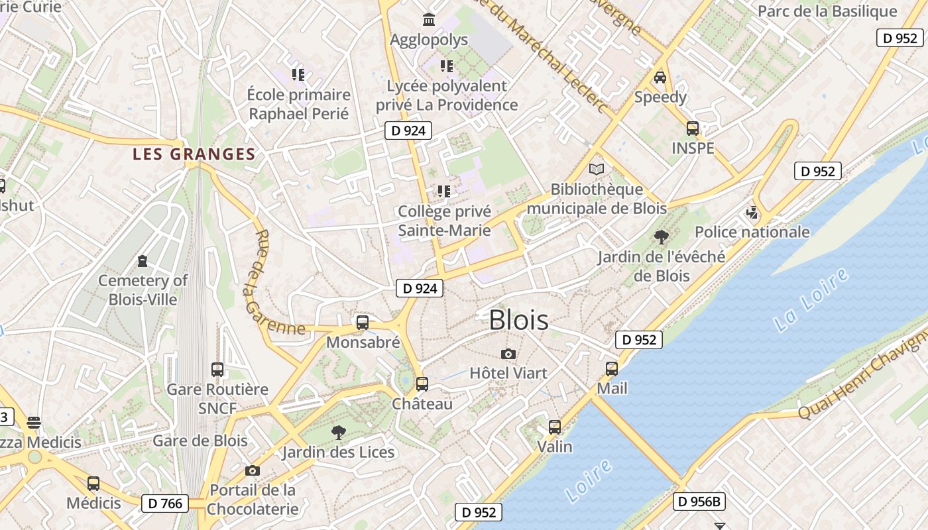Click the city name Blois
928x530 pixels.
pyautogui.click(x=518, y=321)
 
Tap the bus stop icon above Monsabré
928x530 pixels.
pyautogui.click(x=362, y=323)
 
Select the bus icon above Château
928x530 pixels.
pyautogui.click(x=422, y=384)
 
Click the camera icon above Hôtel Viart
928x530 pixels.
pyautogui.click(x=508, y=354)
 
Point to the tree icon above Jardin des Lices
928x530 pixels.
pyautogui.click(x=338, y=433)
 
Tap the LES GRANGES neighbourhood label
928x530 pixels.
pyautogui.click(x=194, y=154)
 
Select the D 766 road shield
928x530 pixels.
pyautogui.click(x=165, y=503)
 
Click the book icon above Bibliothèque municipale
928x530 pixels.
pyautogui.click(x=597, y=169)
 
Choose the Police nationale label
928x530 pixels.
pyautogui.click(x=752, y=232)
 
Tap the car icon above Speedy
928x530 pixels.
pyautogui.click(x=660, y=78)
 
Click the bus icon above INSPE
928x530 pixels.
pyautogui.click(x=693, y=129)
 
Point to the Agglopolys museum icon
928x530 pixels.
pyautogui.click(x=429, y=20)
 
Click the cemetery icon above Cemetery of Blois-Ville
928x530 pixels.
pyautogui.click(x=143, y=260)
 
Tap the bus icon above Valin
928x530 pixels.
pyautogui.click(x=555, y=427)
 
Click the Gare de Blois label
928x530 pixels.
pyautogui.click(x=200, y=441)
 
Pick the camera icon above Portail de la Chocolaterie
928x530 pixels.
pyautogui.click(x=252, y=471)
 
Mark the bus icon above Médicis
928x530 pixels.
pyautogui.click(x=93, y=484)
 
